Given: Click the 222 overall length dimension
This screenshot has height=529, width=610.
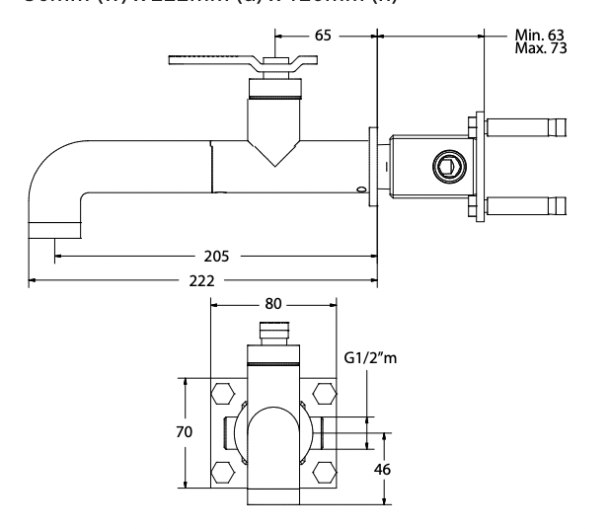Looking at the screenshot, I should coord(202,281).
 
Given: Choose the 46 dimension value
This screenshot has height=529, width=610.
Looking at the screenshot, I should coord(382,469).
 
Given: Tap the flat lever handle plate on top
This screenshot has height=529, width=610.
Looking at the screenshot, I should coord(212,61).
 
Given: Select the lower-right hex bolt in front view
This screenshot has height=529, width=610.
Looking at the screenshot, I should coord(323,470).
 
